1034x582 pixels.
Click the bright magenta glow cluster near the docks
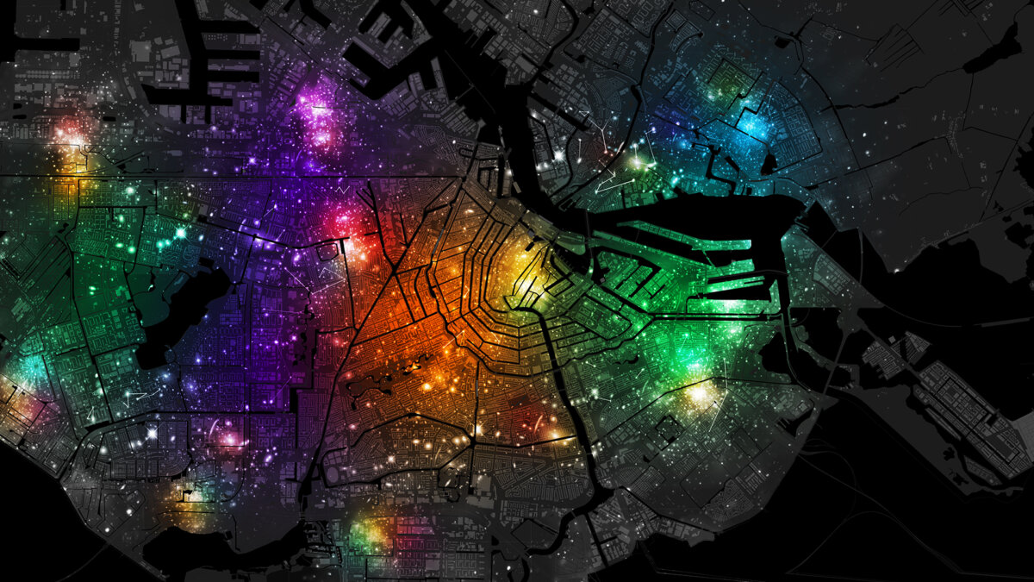pos(315,112)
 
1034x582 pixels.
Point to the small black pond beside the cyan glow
pos(769,162)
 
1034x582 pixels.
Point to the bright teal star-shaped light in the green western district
pos(181,232)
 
